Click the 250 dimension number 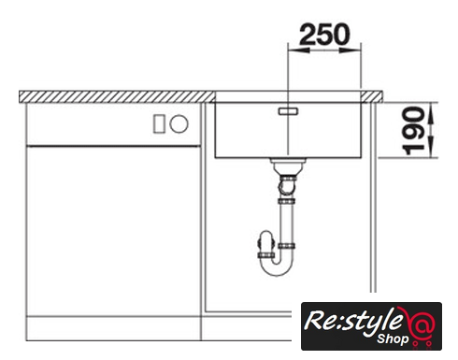[x=324, y=35]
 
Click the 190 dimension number [x=413, y=131]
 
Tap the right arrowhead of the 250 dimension [x=350, y=50]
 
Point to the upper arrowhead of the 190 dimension [x=431, y=113]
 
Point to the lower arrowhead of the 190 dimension [x=431, y=147]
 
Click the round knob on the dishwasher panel [x=179, y=123]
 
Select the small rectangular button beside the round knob [x=159, y=123]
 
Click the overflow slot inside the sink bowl [x=288, y=111]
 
